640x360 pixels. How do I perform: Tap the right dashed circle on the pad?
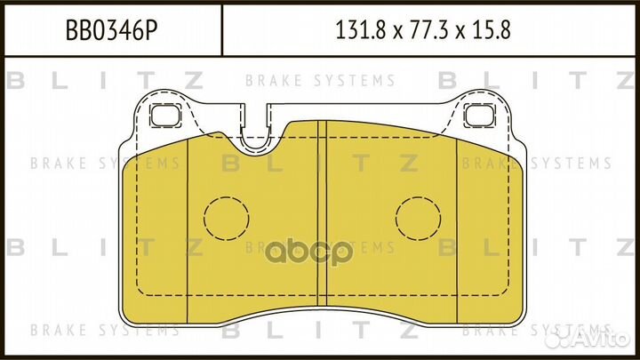419,217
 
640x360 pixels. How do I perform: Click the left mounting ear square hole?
164,116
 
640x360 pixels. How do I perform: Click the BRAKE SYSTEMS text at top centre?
320,81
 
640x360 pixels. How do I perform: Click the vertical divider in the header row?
220,32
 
